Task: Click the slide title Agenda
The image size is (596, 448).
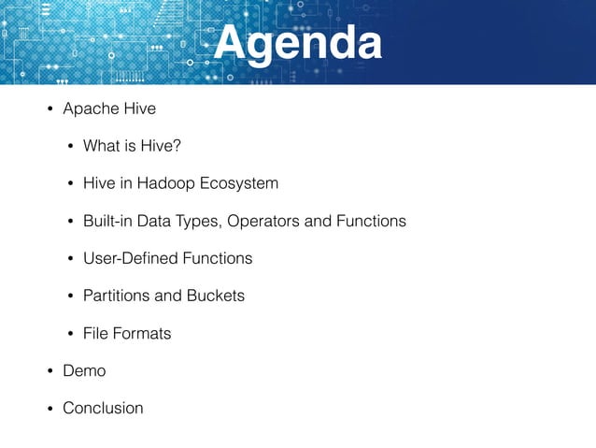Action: (298, 43)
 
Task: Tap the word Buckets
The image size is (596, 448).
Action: (214, 296)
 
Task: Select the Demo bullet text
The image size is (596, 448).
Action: (84, 371)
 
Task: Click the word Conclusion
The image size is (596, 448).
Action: (103, 409)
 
